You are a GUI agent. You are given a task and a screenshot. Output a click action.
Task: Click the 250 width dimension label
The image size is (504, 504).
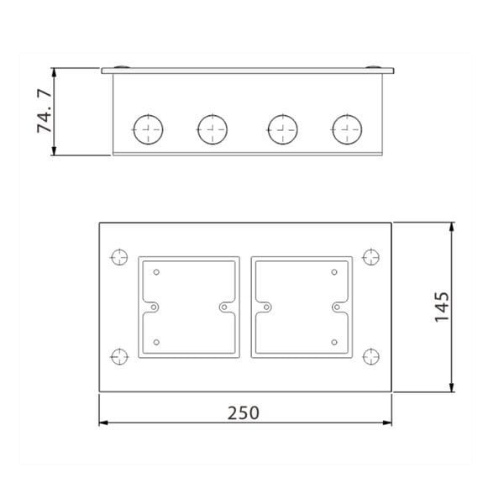(243, 413)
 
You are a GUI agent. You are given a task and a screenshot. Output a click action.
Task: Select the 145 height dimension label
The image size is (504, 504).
(442, 307)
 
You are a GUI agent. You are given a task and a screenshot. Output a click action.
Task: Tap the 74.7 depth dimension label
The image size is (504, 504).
(44, 111)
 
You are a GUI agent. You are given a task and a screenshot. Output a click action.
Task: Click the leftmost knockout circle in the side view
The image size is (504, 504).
(148, 129)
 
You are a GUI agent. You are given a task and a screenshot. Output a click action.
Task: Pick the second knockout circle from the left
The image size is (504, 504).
(213, 129)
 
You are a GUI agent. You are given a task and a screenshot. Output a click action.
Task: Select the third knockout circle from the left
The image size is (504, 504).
(282, 129)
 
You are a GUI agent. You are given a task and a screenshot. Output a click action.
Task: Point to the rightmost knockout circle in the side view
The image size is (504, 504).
(347, 129)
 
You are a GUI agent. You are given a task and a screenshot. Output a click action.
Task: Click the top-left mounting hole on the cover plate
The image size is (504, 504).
(119, 257)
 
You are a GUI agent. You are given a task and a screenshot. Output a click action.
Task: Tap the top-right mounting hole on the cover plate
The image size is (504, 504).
(371, 257)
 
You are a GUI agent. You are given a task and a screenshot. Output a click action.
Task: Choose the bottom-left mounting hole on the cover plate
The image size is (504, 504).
(119, 356)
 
